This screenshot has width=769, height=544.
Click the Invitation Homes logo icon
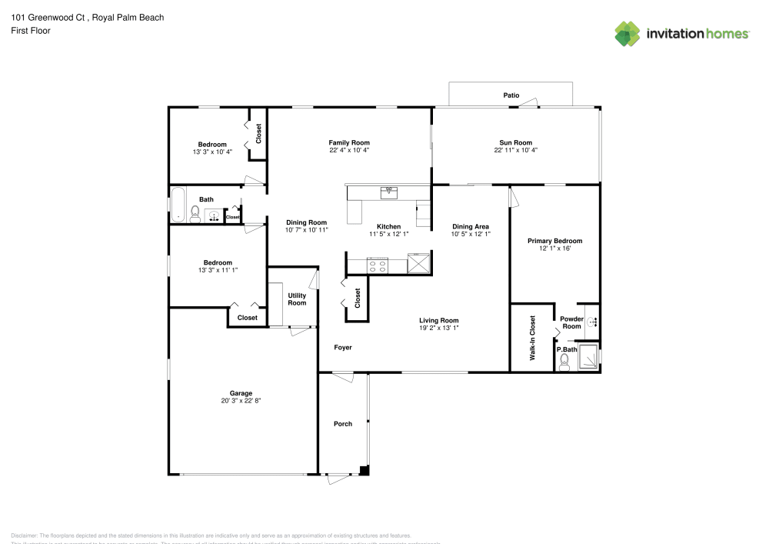628,33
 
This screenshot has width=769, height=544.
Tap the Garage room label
241,393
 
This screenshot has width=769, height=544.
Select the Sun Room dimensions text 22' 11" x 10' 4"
515,150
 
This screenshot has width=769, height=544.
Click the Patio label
511,95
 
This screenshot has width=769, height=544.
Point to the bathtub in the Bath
177,205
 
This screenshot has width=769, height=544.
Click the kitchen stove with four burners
378,265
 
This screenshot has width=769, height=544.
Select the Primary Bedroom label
554,241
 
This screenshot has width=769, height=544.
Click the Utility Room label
297,299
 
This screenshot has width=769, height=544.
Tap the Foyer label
343,348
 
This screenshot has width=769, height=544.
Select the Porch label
343,424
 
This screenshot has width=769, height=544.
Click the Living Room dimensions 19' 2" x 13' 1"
438,328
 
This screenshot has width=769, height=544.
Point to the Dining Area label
471,226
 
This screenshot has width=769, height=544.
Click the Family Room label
349,142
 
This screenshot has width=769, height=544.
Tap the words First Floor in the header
31,31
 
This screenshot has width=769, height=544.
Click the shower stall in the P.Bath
589,359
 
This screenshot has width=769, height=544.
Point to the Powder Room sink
592,321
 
